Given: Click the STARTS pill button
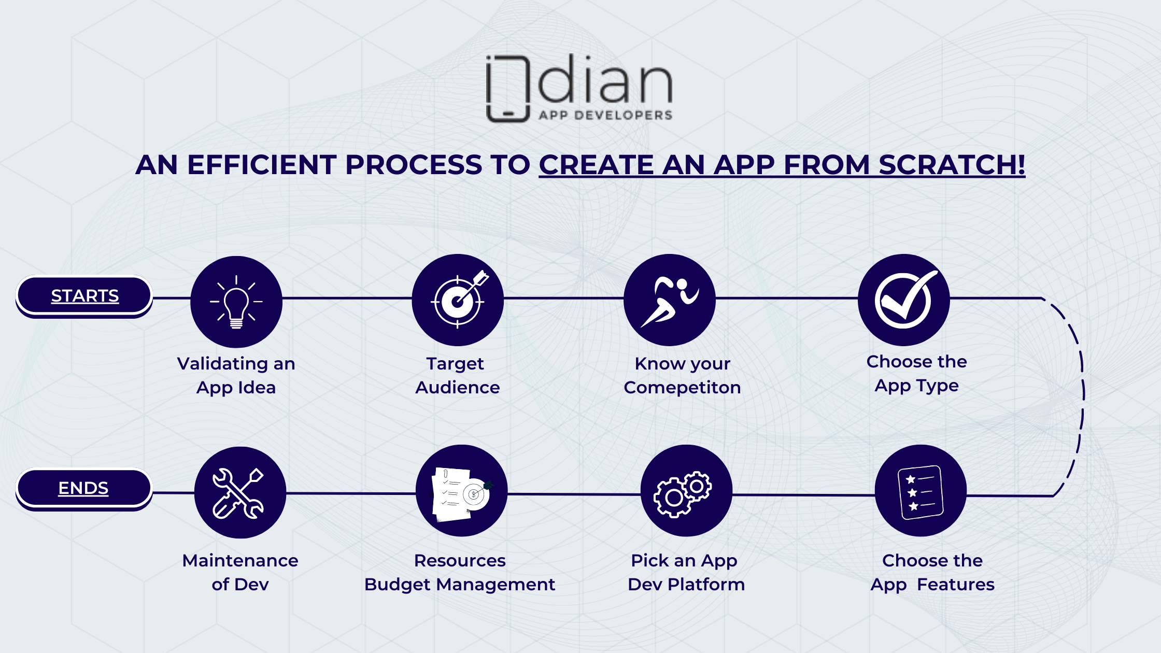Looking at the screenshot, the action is point(84,296).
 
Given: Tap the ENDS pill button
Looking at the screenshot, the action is point(84,489).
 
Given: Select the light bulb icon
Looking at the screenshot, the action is point(236,302).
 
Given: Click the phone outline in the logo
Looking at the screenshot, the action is point(508,88).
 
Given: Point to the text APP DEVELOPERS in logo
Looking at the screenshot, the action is point(605,115).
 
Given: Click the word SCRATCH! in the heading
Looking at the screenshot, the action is point(952,165).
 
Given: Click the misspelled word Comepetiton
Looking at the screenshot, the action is point(682,388).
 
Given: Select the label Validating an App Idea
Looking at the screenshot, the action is point(236,376).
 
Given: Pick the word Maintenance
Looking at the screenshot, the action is point(240,560).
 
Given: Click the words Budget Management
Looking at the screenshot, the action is point(460,585).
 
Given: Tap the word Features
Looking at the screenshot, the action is point(956,585).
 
